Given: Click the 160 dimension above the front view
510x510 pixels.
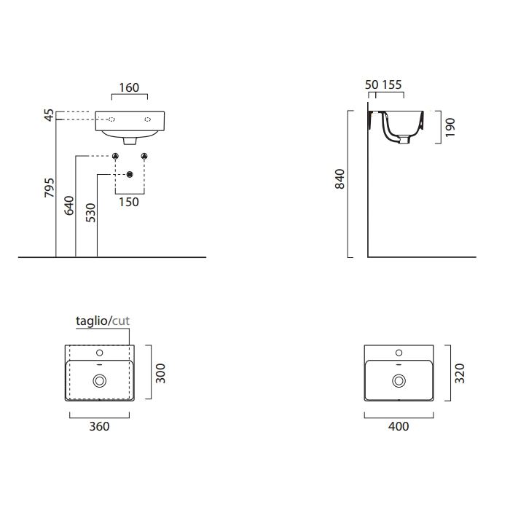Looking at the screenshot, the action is pos(129,87).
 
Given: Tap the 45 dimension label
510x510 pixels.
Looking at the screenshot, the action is pos(49,115).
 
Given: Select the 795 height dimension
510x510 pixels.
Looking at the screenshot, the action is pos(49,187).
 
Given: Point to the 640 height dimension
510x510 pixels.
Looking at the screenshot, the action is pos(69,205).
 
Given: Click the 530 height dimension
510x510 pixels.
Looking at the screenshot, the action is pos(90,213).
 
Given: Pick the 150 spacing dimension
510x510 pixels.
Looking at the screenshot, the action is pos(129,202).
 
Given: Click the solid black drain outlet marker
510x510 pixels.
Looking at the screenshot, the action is pos(130,175).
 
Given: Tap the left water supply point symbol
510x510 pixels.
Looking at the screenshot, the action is pos(115,157).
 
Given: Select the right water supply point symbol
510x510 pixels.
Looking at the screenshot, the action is pos(144,157).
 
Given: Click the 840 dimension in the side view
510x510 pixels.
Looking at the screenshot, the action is pos(340,178).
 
